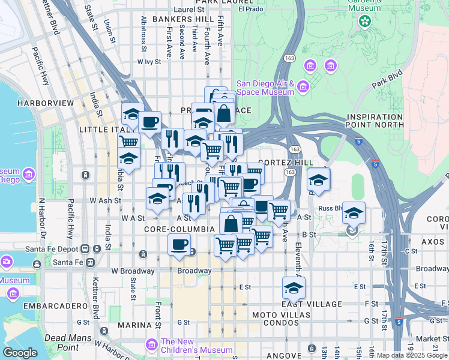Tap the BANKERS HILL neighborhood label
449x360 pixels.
click(x=175, y=20)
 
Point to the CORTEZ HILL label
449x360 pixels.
click(x=286, y=163)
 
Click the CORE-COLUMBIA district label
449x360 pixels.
click(x=179, y=229)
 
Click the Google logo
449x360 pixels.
click(x=20, y=353)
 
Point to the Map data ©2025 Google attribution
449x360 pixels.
click(x=412, y=355)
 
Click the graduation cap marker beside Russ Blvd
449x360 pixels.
click(x=354, y=213)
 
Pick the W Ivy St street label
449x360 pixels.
click(x=150, y=61)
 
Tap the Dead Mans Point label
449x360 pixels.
click(x=62, y=343)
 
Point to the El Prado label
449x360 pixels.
click(x=250, y=9)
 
